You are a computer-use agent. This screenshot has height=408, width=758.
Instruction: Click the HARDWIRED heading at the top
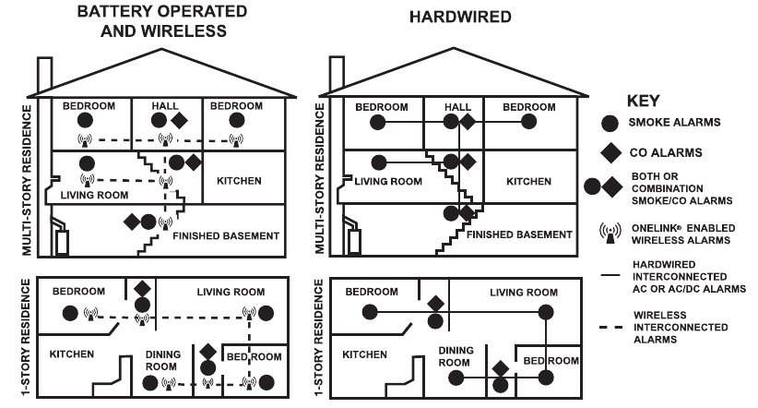460,17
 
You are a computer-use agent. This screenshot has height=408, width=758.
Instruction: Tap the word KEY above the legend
643,101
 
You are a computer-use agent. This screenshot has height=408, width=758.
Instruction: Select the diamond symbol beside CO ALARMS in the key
610,152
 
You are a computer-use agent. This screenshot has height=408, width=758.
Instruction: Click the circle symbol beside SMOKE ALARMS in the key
610,124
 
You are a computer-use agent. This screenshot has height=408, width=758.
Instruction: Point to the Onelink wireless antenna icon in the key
610,234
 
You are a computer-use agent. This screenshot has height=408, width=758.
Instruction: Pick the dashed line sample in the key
610,328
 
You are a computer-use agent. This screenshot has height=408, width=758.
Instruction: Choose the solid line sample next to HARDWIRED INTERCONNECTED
610,275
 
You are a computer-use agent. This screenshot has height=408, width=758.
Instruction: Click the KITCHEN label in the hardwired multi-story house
528,182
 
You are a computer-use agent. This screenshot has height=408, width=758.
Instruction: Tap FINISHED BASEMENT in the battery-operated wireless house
226,236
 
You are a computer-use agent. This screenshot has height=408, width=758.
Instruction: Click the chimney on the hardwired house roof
337,74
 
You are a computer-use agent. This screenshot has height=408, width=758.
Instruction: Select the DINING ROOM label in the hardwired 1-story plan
456,356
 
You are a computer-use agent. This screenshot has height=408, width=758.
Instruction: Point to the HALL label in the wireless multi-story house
165,105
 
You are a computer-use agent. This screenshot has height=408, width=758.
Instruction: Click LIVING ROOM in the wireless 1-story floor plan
231,292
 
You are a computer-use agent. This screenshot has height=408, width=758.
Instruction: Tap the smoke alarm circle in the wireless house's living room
87,163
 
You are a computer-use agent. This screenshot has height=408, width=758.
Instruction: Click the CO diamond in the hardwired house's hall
468,122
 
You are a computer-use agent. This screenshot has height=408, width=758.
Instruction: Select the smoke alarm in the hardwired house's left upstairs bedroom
377,122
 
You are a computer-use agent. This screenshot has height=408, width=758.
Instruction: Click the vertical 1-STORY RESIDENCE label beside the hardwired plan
318,337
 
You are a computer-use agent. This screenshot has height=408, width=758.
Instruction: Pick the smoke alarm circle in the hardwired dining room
456,378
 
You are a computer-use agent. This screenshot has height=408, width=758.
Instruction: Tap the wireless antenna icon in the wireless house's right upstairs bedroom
236,140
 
